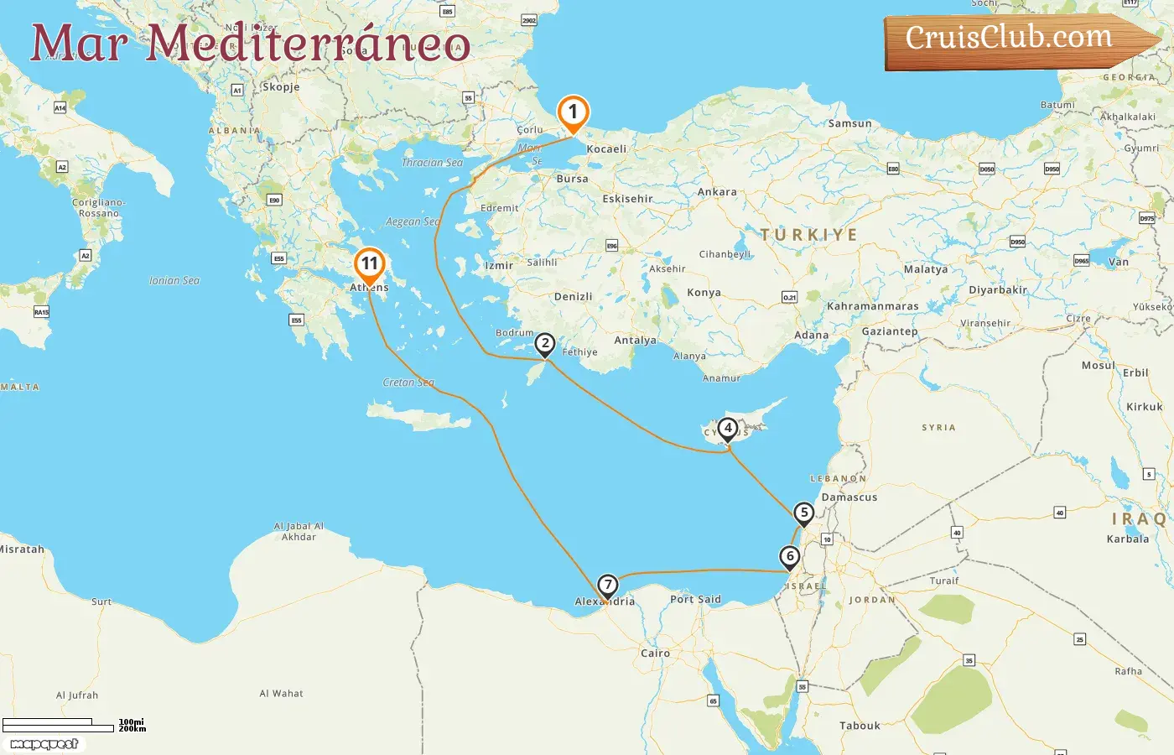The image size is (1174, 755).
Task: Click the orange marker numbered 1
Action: coord(573,112)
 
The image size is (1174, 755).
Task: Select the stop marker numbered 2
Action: coord(545,343)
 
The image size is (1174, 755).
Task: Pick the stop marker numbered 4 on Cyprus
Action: coord(728,429)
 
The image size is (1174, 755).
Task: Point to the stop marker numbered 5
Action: coord(804,513)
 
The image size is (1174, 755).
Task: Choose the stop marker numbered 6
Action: coord(789,556)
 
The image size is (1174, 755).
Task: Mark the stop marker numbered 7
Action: coord(607,586)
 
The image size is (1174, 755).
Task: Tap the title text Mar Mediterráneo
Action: coord(250,44)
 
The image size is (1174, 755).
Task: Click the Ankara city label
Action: coord(717,192)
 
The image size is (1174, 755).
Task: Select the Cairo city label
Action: coord(655,653)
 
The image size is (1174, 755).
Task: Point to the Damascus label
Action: coord(849,497)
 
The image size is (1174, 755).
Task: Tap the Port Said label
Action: coord(695,600)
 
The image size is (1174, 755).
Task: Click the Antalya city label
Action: coord(635,341)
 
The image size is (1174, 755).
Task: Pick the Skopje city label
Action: coord(280,87)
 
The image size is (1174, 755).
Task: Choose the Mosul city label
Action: coord(1098,366)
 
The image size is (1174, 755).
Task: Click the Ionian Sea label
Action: coord(174,281)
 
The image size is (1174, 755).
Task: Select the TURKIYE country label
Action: coord(808,235)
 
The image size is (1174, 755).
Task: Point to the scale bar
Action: coord(58,725)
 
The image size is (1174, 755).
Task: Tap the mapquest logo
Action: coord(44,744)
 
